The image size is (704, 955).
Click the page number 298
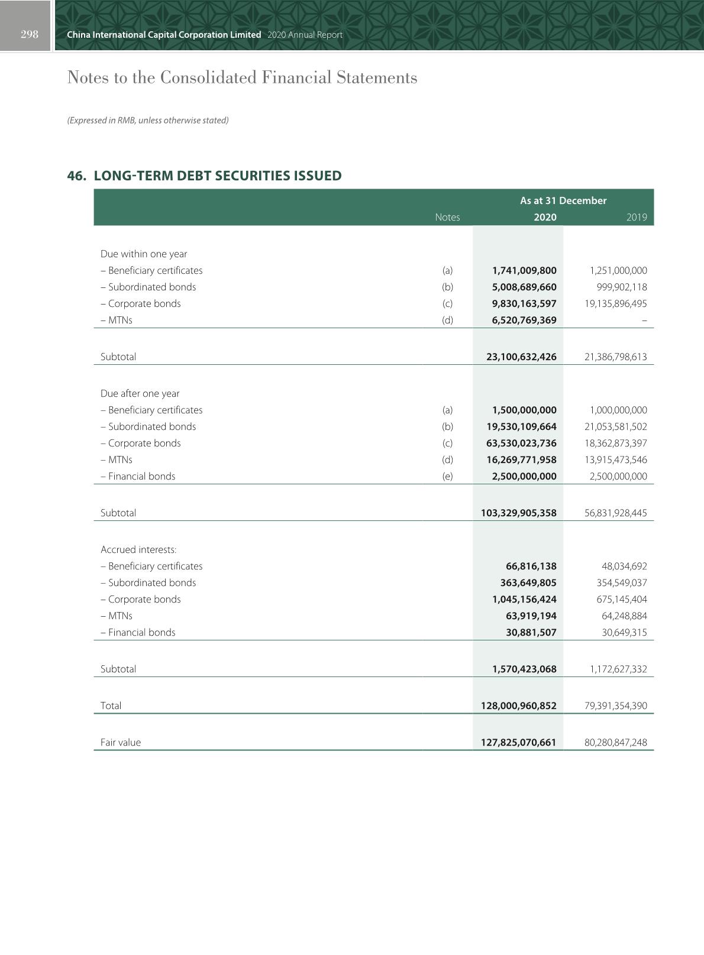29,34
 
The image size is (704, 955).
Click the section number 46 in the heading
76,176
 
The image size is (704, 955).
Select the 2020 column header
545,217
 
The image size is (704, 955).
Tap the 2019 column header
637,217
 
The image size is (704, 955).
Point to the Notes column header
447,217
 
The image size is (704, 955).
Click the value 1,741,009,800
524,270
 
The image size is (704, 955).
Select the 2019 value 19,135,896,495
612,303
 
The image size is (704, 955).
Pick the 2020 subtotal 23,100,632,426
521,357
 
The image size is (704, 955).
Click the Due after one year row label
140,393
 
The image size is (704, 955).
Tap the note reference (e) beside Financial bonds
448,476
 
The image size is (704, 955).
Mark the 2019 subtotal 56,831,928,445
615,513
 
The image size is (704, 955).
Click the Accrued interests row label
138,549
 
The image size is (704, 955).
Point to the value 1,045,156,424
524,599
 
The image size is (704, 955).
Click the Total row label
111,705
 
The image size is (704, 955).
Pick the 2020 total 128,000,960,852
519,705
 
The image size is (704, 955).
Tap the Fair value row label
121,742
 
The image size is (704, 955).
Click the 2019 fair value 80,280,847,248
615,742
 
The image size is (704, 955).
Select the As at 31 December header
563,200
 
